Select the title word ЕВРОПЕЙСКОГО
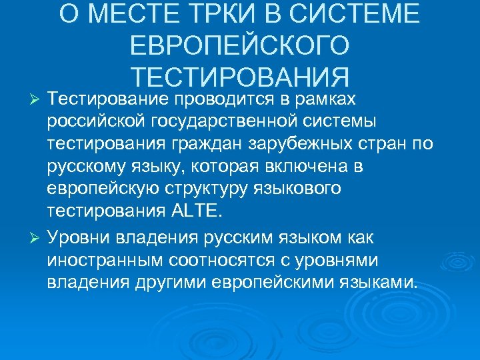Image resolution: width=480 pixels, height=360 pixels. point(240,47)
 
